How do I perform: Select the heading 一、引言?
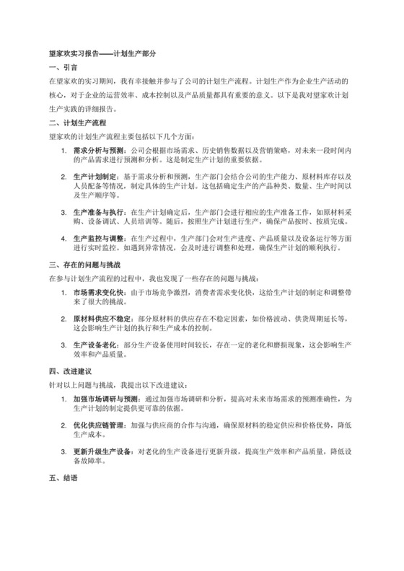click(58, 67)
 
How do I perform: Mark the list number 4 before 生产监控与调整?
click(63, 238)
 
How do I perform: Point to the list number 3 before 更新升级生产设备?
click(63, 452)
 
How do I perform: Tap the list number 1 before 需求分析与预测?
click(63, 150)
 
